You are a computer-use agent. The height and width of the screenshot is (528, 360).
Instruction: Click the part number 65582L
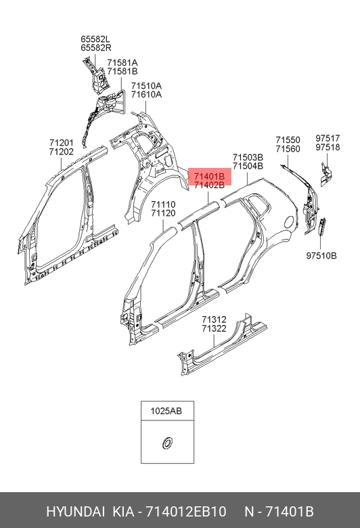(x=95, y=39)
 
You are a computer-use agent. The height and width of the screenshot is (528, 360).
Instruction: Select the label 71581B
(x=122, y=71)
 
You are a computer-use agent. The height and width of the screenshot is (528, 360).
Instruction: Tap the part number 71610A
(x=146, y=95)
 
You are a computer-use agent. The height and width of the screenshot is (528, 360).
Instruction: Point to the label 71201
(x=62, y=143)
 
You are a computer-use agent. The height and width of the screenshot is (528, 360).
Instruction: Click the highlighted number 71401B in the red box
(x=209, y=176)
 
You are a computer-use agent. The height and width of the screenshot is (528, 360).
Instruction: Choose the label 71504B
(x=248, y=166)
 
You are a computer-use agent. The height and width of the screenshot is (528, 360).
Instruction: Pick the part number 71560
(x=288, y=149)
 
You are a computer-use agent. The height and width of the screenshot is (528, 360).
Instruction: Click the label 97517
(x=328, y=138)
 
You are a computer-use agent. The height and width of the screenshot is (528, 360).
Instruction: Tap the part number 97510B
(x=321, y=256)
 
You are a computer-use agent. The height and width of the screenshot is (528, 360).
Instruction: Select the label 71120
(x=163, y=213)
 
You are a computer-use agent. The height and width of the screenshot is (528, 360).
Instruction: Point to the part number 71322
(x=215, y=328)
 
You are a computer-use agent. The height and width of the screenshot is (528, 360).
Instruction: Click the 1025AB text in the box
(x=166, y=411)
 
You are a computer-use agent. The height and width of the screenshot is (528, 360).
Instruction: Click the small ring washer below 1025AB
(x=166, y=443)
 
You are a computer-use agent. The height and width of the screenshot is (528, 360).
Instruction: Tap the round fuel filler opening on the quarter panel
(x=290, y=221)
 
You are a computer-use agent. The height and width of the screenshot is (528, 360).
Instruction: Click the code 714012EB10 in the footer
(x=186, y=512)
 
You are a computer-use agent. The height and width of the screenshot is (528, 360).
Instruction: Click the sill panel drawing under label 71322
(x=222, y=345)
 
